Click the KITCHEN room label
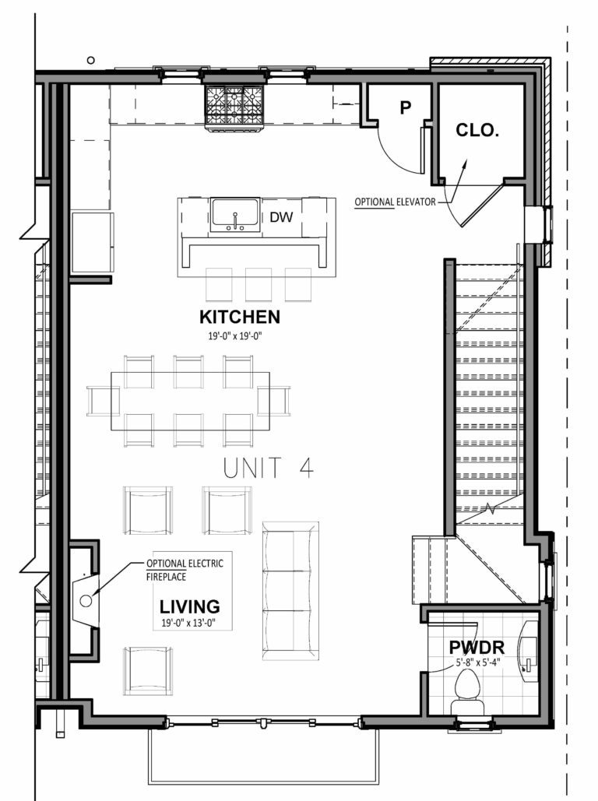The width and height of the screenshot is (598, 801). coord(239,317)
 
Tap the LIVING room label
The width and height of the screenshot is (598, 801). coord(189,606)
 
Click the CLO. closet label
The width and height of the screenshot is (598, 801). coord(477,131)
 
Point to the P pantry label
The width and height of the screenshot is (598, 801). coord(405,108)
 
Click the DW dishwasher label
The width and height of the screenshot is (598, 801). coord(282,217)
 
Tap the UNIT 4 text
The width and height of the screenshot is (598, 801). coord(268,469)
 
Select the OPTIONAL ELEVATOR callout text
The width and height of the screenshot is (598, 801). coord(396,202)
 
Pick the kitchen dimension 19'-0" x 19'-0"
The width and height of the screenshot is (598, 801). coord(239,337)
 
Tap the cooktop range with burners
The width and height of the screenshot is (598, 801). coord(234,105)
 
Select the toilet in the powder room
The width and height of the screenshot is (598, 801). coord(468,689)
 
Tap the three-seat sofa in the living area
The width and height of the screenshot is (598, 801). coord(290,589)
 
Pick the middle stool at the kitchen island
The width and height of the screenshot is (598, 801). coord(258,284)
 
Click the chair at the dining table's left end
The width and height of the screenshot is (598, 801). coord(99,400)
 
